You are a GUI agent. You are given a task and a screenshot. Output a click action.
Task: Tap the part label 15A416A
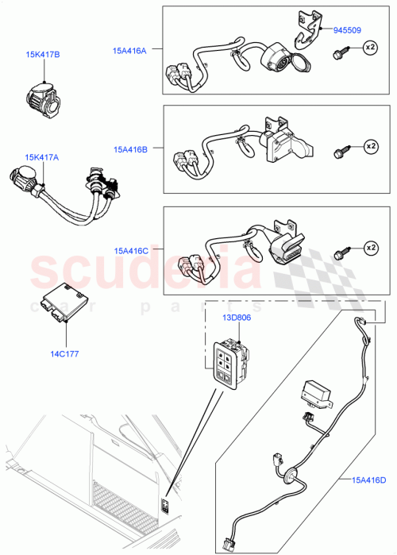[x=129, y=50]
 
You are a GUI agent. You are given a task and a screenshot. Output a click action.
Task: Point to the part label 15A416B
[x=129, y=148]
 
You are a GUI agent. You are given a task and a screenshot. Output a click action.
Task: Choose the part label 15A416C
[x=129, y=250]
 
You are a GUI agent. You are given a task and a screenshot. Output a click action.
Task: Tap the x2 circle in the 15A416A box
[x=369, y=48]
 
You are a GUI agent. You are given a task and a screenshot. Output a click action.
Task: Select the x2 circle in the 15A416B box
[x=369, y=147]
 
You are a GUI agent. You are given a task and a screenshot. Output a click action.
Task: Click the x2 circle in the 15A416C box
[x=369, y=249]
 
